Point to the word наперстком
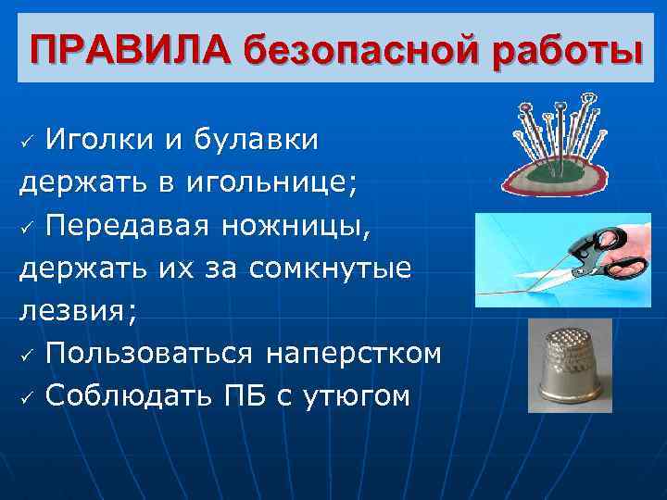point(354,354)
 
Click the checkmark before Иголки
point(29,143)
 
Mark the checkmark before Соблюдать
point(29,398)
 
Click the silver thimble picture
point(569,366)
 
